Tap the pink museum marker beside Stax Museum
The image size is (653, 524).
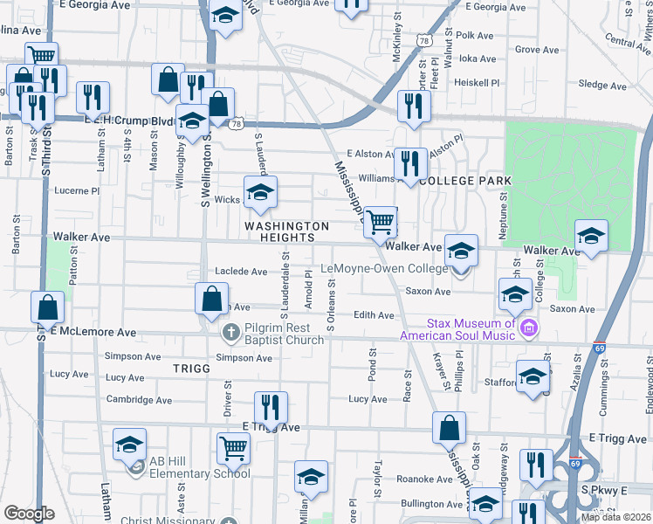pyautogui.click(x=528, y=328)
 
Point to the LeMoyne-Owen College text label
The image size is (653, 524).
pyautogui.click(x=385, y=269)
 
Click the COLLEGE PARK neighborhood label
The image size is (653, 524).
pyautogui.click(x=464, y=180)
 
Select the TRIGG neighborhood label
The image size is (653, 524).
pyautogui.click(x=191, y=369)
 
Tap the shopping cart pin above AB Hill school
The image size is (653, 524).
pyautogui.click(x=233, y=448)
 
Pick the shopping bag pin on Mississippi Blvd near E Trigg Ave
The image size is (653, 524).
pyautogui.click(x=449, y=428)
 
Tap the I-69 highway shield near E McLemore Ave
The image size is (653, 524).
pyautogui.click(x=601, y=348)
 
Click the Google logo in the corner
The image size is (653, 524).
pyautogui.click(x=29, y=514)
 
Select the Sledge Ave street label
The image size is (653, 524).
pyautogui.click(x=602, y=86)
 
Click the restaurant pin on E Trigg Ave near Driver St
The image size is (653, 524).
pyautogui.click(x=270, y=406)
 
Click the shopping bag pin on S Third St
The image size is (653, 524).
pyautogui.click(x=47, y=307)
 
